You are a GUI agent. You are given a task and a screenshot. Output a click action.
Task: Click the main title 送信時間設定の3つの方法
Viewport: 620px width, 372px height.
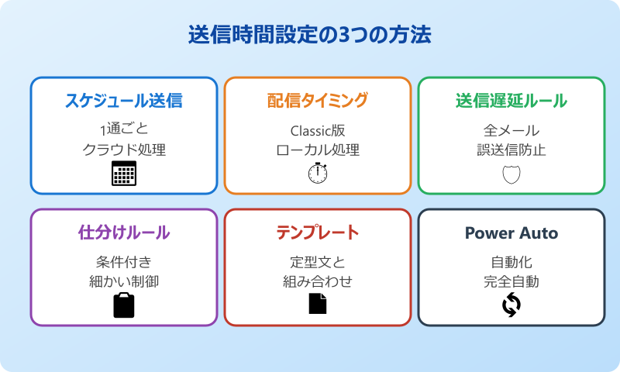(310, 36)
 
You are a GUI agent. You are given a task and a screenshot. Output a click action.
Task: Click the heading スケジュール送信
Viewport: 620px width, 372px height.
(124, 101)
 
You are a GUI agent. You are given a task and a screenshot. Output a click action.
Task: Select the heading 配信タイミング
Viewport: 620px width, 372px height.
(318, 101)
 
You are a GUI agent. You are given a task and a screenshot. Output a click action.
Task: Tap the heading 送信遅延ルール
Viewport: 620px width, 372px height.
(511, 101)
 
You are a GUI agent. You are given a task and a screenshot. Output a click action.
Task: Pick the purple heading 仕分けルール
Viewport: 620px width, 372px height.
(124, 232)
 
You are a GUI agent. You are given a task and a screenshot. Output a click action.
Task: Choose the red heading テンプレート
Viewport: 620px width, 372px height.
(318, 232)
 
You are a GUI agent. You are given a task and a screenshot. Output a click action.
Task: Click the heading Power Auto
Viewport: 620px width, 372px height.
(511, 232)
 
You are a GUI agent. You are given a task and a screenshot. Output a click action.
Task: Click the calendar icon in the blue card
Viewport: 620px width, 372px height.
(124, 173)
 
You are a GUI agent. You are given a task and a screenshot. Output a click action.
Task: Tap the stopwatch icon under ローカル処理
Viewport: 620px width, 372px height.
(318, 173)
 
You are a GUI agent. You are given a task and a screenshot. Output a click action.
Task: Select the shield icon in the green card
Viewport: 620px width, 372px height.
(511, 174)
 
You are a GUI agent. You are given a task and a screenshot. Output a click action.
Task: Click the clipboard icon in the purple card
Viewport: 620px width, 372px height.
(124, 305)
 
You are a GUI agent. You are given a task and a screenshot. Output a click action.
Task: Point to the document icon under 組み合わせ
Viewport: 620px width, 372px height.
(318, 305)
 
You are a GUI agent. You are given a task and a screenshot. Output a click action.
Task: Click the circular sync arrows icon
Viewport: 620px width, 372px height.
(511, 305)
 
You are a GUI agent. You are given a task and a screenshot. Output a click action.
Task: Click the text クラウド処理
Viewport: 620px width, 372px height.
(124, 150)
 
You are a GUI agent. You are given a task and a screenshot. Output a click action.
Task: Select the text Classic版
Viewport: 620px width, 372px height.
(318, 129)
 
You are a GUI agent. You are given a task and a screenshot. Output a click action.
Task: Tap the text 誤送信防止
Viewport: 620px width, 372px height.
(511, 150)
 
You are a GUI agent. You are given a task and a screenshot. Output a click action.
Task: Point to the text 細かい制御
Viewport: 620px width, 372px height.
(124, 281)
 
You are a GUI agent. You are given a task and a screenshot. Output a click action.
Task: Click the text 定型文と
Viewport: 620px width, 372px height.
(318, 261)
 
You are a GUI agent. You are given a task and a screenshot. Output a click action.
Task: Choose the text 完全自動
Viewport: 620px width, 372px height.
(511, 281)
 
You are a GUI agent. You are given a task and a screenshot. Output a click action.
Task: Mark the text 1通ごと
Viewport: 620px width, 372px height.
(124, 129)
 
